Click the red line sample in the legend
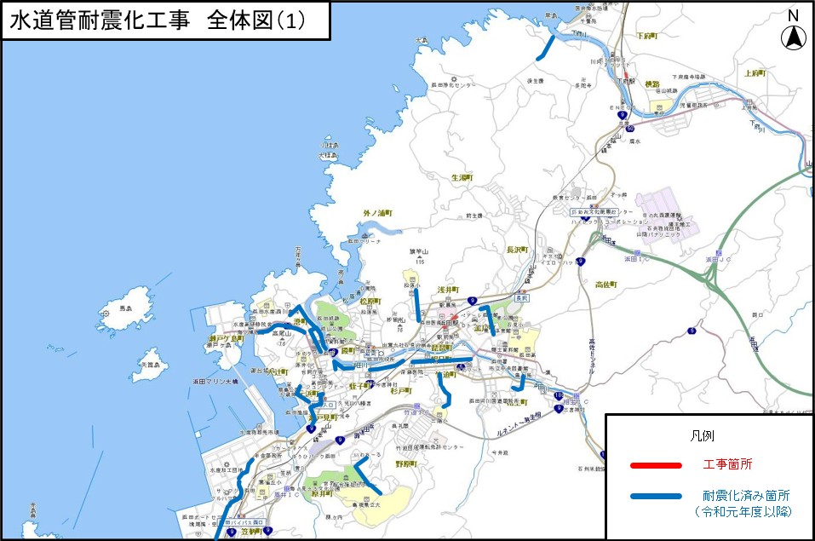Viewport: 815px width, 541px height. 656,465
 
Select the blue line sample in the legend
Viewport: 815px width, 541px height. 656,496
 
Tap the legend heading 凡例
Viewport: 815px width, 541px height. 702,435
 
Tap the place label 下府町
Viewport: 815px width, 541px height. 648,37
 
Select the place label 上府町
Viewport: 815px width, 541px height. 755,73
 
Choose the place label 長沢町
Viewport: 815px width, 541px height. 518,250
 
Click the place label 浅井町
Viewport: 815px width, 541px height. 448,291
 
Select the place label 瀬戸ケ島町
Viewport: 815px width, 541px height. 226,338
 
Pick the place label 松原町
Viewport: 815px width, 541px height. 369,302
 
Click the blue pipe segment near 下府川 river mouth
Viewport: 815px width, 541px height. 545,47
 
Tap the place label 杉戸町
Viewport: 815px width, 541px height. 400,391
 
